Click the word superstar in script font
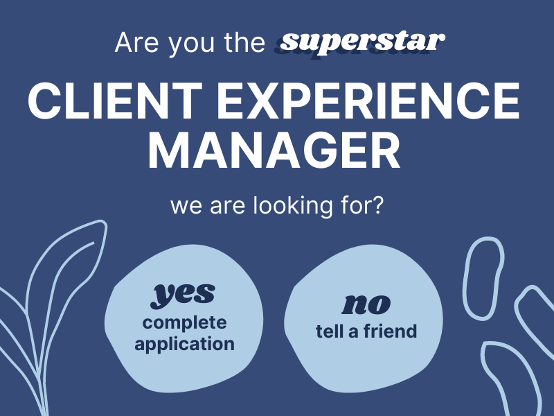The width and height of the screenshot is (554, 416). click(362, 43)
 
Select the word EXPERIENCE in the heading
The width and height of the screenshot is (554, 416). click(368, 101)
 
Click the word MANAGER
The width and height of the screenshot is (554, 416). click(274, 150)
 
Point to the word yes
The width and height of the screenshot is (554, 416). click(183, 295)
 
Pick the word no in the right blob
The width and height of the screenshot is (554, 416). click(366, 304)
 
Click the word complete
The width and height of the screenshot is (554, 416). click(184, 323)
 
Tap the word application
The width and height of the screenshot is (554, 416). click(184, 344)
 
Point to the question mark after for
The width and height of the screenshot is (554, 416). click(377, 205)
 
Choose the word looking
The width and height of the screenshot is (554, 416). click(293, 206)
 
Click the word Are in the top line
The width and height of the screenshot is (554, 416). click(136, 43)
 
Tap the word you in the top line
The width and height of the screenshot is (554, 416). click(191, 45)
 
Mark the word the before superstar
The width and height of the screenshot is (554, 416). click(244, 43)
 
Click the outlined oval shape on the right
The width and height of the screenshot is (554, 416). click(465, 279)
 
